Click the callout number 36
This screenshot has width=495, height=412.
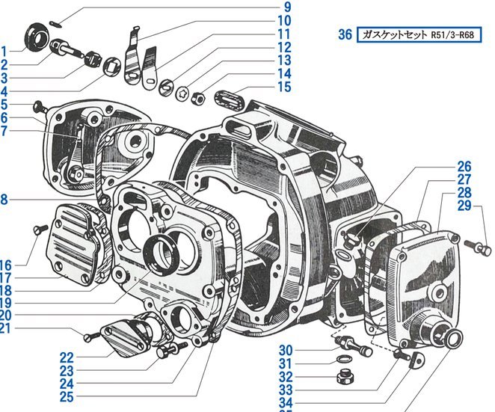[345, 34]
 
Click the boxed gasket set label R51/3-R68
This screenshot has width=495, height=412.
[419, 34]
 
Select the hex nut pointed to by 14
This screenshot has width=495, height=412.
[198, 97]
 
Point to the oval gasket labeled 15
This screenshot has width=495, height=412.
[228, 99]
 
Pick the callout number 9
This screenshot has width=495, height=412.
[284, 7]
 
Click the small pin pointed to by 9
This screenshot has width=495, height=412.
[55, 24]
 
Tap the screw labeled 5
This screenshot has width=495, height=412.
[40, 107]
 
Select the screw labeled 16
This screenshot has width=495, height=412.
[40, 230]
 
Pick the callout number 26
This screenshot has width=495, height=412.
[464, 167]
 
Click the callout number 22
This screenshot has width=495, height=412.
[67, 357]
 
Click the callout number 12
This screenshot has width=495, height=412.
[284, 47]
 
